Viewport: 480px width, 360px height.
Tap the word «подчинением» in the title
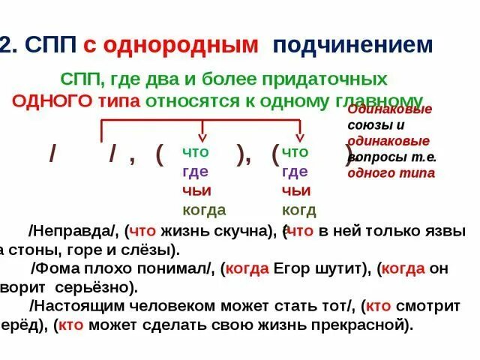tap(352, 45)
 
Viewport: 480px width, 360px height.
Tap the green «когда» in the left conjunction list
tap(204, 210)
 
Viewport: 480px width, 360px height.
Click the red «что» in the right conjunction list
tap(294, 152)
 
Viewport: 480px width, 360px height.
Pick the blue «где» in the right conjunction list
tap(295, 172)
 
